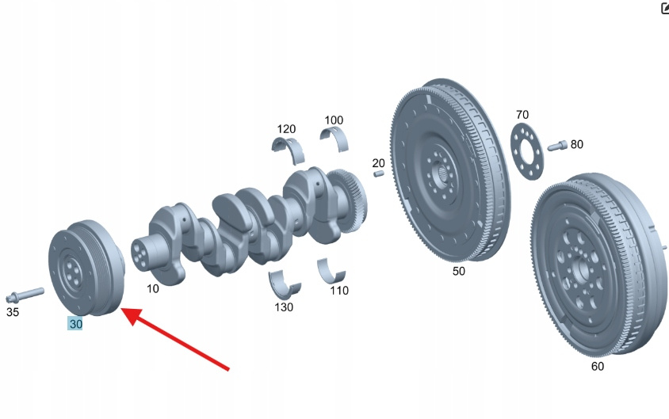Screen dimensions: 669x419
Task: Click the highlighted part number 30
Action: coord(75,324)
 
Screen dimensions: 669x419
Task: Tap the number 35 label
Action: coord(13,312)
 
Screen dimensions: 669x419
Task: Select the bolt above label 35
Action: coord(25,294)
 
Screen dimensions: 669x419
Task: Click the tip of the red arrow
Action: coord(122,309)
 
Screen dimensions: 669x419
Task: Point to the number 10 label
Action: coord(153,288)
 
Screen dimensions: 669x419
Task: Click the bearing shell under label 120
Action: coord(289,150)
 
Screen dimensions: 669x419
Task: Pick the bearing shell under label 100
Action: coord(334,139)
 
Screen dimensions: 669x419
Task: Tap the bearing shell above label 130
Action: coord(284,284)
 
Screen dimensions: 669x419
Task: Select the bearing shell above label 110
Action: coord(331,272)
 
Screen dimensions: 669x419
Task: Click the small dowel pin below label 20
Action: coord(378,173)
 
